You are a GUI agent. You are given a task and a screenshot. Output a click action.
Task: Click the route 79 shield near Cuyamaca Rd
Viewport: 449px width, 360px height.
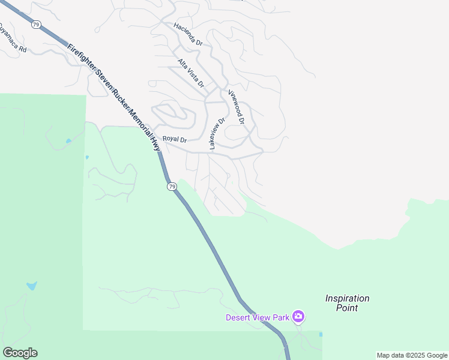37,25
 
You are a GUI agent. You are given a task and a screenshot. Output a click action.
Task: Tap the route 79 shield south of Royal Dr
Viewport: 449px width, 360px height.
172,187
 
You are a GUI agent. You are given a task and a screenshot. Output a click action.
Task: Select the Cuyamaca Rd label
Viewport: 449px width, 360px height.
13,38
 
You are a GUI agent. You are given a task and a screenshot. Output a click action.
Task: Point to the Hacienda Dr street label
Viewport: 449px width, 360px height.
188,34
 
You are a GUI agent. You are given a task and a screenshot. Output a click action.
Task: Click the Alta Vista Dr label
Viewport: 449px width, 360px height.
191,73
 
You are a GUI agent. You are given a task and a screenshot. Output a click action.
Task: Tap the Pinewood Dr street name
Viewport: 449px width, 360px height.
235,106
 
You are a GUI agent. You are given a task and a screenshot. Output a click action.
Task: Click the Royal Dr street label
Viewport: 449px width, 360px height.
175,139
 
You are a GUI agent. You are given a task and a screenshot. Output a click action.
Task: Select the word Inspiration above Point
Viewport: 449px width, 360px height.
347,298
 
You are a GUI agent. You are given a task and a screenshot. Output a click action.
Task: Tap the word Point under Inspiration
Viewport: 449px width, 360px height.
347,308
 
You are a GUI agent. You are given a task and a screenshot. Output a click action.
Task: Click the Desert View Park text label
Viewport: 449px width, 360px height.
258,317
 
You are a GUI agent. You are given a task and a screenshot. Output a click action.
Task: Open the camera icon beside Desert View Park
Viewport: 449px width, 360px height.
298,316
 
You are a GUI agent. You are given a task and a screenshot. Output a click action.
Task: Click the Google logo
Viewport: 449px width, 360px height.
20,352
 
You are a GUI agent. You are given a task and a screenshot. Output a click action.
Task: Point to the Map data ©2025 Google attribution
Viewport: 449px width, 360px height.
412,355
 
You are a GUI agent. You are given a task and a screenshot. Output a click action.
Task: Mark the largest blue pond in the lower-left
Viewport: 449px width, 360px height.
31,286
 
